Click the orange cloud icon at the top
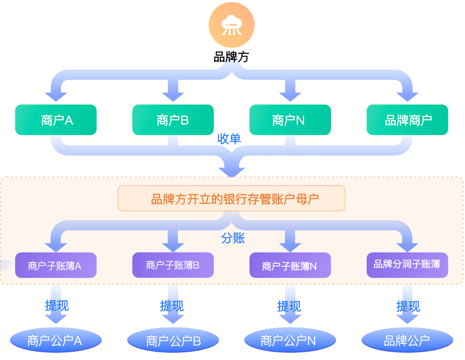click(232, 25)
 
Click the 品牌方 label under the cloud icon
click(231, 57)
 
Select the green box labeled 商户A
click(56, 120)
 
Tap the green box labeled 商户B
click(173, 120)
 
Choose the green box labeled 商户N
click(290, 120)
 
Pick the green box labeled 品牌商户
click(407, 120)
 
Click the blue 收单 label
click(229, 139)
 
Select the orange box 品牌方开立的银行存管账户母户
click(232, 198)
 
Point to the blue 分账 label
click(232, 238)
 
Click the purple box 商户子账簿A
click(56, 265)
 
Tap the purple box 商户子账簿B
click(173, 265)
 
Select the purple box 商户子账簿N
click(290, 265)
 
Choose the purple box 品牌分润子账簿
click(407, 265)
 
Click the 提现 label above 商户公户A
click(57, 305)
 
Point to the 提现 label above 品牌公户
click(408, 306)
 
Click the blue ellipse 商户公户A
click(55, 341)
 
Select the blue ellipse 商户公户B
click(173, 341)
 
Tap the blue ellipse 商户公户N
click(290, 341)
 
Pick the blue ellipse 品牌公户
click(407, 341)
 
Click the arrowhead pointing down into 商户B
click(173, 96)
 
